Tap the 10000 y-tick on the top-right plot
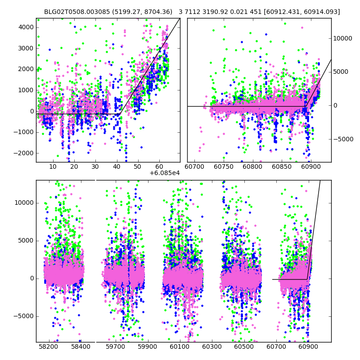pyautogui.click(x=342, y=38)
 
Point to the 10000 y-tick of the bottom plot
pyautogui.click(x=24, y=202)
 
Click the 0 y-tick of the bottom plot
pyautogui.click(x=31, y=278)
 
